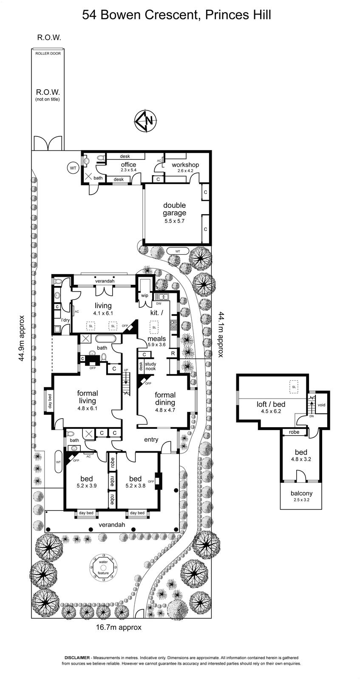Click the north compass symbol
[145, 121]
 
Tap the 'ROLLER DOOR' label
[48, 54]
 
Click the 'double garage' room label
[174, 209]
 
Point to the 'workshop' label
[185, 164]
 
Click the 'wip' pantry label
[145, 295]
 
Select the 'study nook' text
[150, 366]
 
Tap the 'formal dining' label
[165, 399]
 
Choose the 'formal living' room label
[87, 397]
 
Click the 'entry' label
[151, 439]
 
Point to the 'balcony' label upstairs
[301, 493]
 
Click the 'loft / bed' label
[271, 404]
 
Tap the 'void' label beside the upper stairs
[321, 405]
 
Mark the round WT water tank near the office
[73, 168]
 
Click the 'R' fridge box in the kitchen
[173, 353]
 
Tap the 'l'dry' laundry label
[65, 320]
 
